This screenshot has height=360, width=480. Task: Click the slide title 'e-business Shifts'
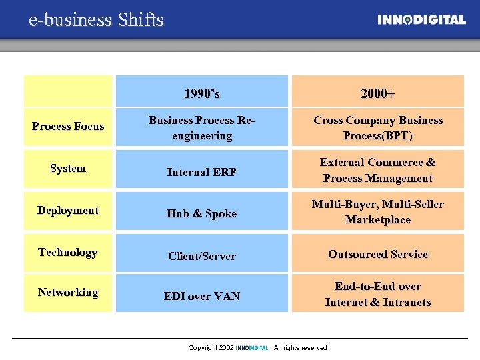(x=96, y=20)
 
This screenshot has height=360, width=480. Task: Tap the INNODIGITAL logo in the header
(x=421, y=20)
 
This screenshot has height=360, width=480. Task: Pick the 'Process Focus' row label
(x=68, y=126)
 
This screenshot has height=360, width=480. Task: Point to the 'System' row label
(x=68, y=168)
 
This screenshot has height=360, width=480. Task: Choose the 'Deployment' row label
(x=68, y=210)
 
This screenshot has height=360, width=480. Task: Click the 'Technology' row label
(x=68, y=252)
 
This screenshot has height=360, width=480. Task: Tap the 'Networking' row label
(x=68, y=292)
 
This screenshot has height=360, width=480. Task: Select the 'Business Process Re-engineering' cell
(x=202, y=128)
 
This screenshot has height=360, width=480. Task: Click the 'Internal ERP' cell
(x=202, y=172)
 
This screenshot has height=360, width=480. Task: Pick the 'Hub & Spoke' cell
(x=202, y=213)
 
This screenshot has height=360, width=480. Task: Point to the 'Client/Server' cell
(x=202, y=256)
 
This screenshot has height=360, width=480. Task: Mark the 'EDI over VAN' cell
(x=202, y=296)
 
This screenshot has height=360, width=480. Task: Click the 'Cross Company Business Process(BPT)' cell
(x=377, y=128)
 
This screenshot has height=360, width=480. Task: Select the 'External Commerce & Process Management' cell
(x=377, y=170)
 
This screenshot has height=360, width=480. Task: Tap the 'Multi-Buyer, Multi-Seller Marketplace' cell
(x=377, y=212)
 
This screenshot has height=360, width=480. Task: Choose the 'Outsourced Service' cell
(x=377, y=254)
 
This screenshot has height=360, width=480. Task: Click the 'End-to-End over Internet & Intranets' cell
(x=377, y=294)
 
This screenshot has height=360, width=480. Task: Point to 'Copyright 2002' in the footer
(x=211, y=348)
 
